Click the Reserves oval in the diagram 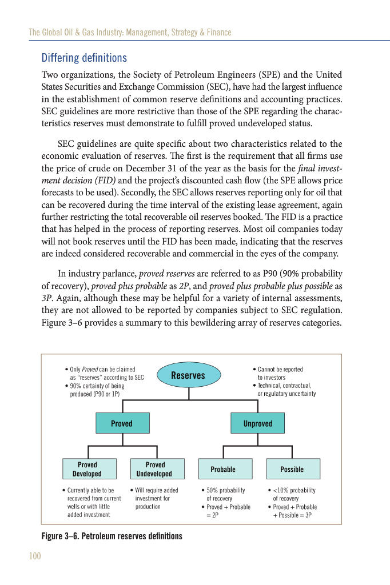[x=188, y=375]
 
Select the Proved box [x=122, y=423]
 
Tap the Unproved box [x=257, y=423]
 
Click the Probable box [x=223, y=469]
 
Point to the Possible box [x=292, y=469]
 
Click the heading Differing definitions [x=84, y=58]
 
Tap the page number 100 [x=35, y=556]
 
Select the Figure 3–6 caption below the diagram [x=112, y=536]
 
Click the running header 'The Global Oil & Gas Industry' [x=130, y=33]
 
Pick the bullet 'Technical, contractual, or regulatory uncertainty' [x=285, y=390]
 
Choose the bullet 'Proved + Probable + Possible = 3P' [x=294, y=511]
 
